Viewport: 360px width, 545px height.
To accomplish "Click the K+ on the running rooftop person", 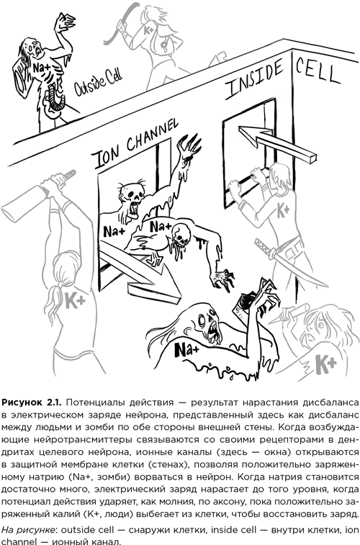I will tap(148, 31).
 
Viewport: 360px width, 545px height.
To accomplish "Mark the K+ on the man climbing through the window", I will tap(282, 210).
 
